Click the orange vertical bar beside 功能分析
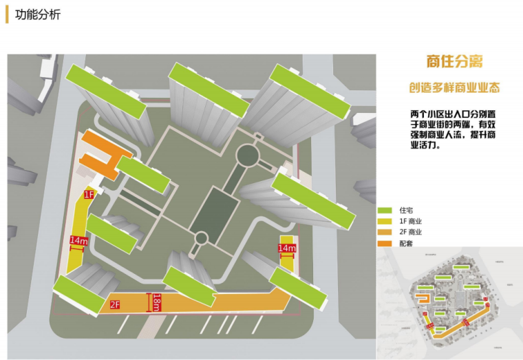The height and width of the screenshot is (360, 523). [x=7, y=14]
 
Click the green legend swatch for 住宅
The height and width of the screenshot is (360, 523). [x=385, y=209]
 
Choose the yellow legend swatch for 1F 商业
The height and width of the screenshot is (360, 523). [x=385, y=220]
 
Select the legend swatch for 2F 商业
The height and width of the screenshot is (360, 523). [x=385, y=232]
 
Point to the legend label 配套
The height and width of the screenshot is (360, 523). [x=406, y=244]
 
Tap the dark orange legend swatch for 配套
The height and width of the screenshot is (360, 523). [x=385, y=244]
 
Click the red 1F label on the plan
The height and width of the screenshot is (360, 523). [x=89, y=195]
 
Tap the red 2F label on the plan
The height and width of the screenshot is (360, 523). [x=115, y=304]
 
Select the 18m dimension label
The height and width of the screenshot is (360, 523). [x=156, y=302]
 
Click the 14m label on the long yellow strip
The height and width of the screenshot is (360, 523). [x=78, y=241]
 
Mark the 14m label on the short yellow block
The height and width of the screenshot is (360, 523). [x=286, y=248]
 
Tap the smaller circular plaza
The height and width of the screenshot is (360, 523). [x=201, y=238]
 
